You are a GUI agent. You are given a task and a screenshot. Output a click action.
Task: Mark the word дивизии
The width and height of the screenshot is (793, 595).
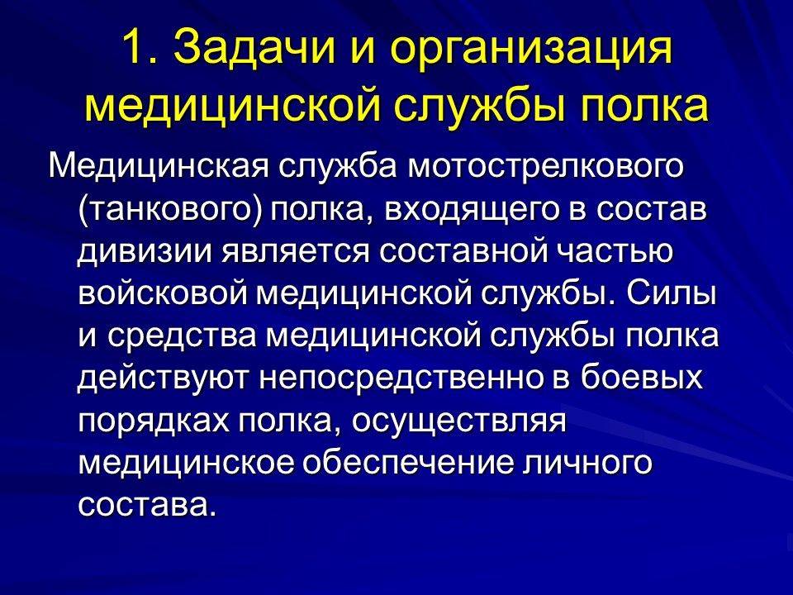[140, 250]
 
